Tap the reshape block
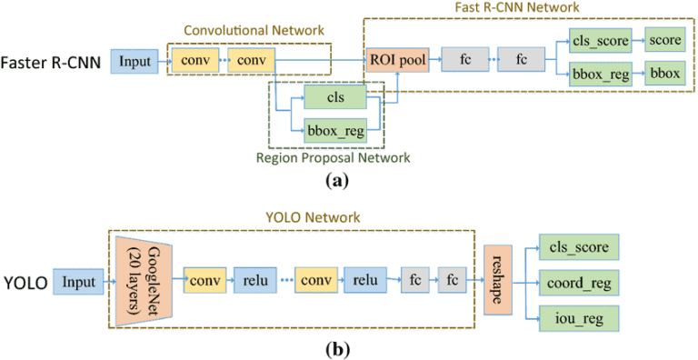499,280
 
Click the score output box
665,42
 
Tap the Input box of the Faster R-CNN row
135,62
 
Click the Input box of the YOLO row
77,281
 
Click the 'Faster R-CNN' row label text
53,62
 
